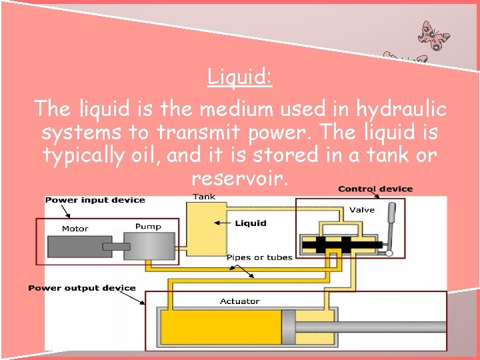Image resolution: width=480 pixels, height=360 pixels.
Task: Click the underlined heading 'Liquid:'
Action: pos(239,77)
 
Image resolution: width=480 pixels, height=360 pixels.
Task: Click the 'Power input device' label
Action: pos(95,200)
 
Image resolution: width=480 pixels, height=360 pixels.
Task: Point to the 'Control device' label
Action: pos(375,189)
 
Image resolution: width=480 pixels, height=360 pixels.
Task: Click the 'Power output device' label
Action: pos(81,288)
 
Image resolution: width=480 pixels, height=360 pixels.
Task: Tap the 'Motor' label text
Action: pos(75,229)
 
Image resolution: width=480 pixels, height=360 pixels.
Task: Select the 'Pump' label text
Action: pos(148,227)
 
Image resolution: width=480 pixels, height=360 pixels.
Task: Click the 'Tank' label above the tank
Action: pos(204,197)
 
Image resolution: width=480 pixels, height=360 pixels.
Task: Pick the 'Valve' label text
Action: pos(362,210)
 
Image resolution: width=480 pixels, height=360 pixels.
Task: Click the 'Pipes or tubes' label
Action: pos(259,257)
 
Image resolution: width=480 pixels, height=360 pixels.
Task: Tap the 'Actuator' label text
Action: pos(239,301)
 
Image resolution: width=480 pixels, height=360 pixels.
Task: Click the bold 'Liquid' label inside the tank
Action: pos(251,223)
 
